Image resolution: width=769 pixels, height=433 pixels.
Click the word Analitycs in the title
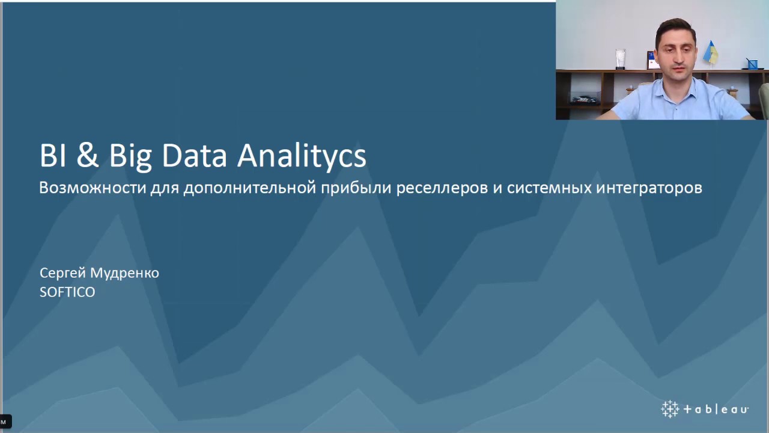(x=302, y=156)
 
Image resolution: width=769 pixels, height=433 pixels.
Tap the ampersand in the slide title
(x=88, y=156)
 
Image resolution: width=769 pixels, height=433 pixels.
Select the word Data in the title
(x=194, y=156)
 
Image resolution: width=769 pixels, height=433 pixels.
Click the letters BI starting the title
(x=53, y=156)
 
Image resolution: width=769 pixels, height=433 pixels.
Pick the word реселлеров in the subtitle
(x=442, y=188)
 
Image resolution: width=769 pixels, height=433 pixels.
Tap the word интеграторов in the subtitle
(x=649, y=188)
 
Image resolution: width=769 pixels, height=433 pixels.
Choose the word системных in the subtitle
(x=549, y=188)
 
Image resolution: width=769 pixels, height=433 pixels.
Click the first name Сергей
(x=63, y=274)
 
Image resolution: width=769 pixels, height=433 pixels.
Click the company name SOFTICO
(x=67, y=292)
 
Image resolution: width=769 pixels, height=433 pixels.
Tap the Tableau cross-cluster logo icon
(x=670, y=409)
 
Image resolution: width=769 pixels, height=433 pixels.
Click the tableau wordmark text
(x=716, y=410)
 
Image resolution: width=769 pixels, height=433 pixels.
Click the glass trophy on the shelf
(x=620, y=58)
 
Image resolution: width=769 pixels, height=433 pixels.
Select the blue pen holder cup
(x=752, y=64)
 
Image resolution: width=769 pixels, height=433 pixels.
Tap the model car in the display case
(x=585, y=99)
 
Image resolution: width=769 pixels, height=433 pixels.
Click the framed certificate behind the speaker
(x=652, y=60)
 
